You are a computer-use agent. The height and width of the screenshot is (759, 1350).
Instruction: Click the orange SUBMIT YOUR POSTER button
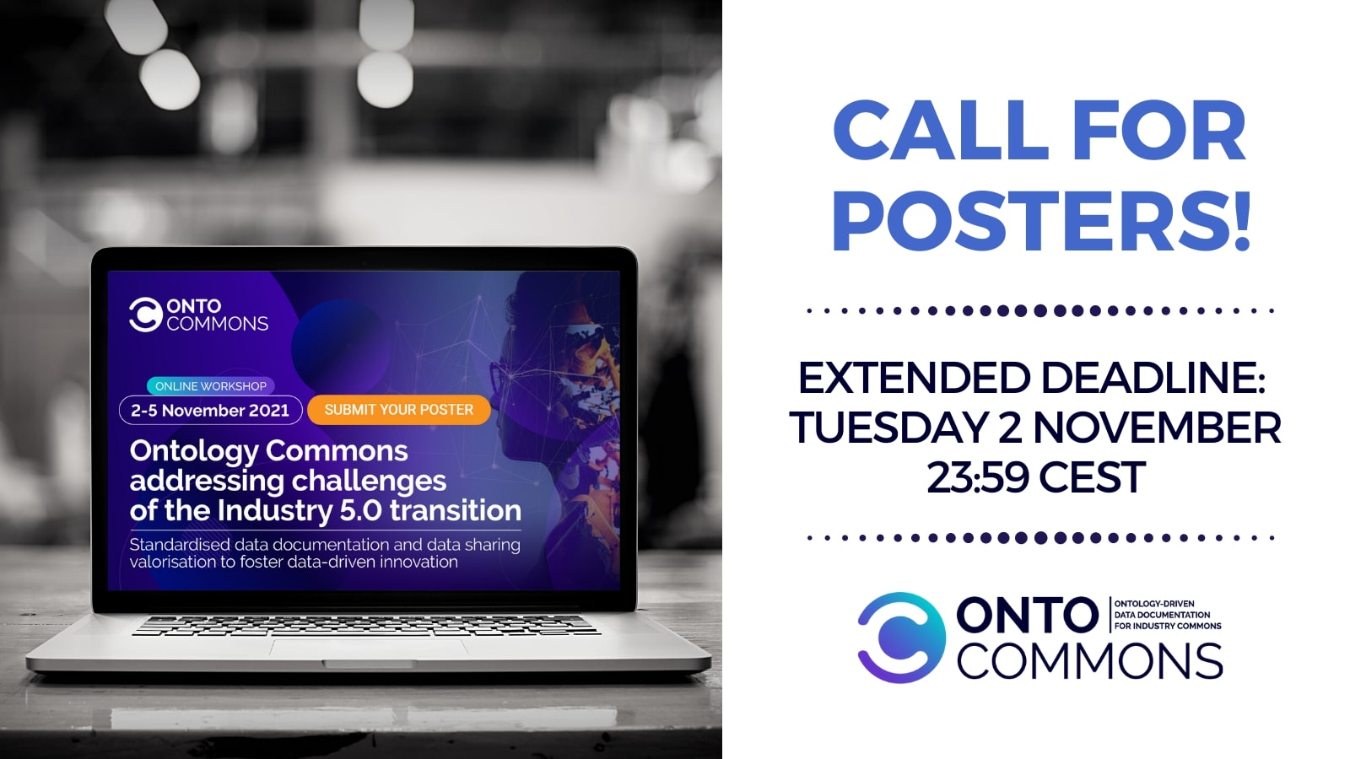coord(398,410)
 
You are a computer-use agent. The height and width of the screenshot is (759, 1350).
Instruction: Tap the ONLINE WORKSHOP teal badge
coord(210,386)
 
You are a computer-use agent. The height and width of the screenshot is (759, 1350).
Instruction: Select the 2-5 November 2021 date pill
coord(210,410)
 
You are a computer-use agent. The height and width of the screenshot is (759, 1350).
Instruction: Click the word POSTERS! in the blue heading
coord(1042,221)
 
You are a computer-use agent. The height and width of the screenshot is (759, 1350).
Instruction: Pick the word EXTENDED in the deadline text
coord(915,379)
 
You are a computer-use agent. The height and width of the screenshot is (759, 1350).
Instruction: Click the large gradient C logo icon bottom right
coord(902,638)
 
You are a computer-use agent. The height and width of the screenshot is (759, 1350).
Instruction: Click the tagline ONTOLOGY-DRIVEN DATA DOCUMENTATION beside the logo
coord(1168,615)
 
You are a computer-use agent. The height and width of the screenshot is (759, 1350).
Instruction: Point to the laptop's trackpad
coord(369,649)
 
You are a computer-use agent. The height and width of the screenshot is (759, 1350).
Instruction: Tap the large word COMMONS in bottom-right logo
coord(1089,661)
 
